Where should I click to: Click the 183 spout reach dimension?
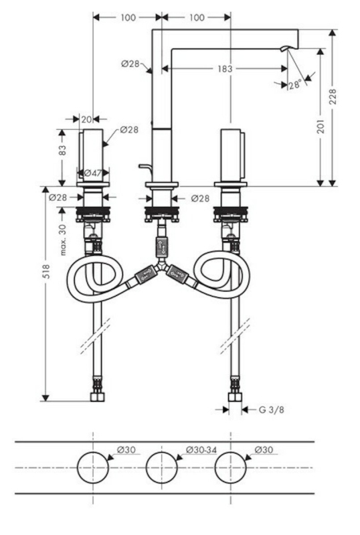[225, 68]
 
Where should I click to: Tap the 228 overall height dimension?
[333, 96]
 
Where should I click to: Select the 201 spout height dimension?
[321, 126]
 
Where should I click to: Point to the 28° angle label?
[295, 84]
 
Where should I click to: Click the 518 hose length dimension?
[46, 271]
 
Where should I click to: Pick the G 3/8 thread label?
[271, 409]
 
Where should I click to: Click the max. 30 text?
[63, 239]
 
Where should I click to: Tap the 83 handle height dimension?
[62, 151]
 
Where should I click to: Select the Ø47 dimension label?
[93, 173]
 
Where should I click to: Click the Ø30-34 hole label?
[201, 450]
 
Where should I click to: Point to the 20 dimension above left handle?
[86, 119]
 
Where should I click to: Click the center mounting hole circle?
[161, 467]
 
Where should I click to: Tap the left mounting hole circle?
[93, 467]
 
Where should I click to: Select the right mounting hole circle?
[230, 467]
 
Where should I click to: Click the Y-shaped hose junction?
[161, 265]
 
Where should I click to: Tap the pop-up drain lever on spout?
[146, 168]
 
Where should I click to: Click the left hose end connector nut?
[97, 397]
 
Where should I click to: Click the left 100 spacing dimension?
[128, 17]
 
